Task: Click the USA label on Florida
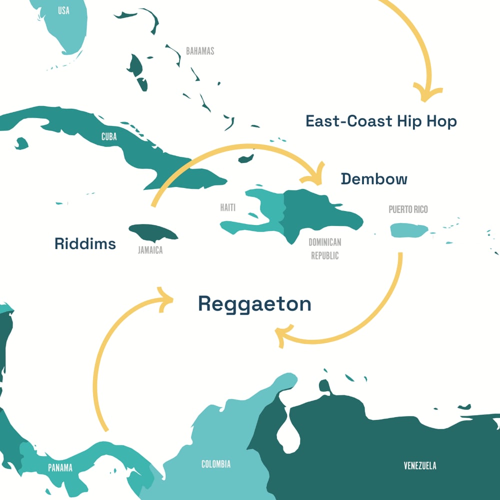tap(63, 10)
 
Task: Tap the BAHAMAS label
tap(200, 51)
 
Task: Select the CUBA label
tap(109, 136)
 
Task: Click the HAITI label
tap(228, 207)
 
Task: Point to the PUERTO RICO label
tap(408, 209)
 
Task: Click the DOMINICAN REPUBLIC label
tap(324, 248)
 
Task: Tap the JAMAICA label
tap(150, 250)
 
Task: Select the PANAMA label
tap(60, 468)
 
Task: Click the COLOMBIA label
tap(216, 464)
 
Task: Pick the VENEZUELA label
tap(420, 465)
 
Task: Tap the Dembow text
tap(374, 179)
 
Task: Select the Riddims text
tap(85, 244)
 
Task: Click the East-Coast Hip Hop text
tap(381, 121)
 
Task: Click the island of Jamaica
tap(153, 232)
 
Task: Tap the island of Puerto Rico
tap(409, 230)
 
